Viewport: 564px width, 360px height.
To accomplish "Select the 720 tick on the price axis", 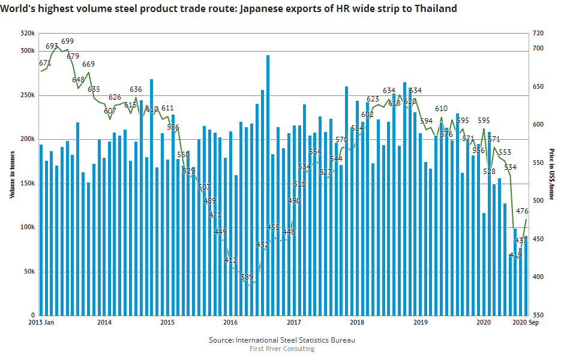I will pos(538,34).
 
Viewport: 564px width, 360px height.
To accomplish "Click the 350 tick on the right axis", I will pos(538,315).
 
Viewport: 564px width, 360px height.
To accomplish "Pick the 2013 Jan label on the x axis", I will pos(43,323).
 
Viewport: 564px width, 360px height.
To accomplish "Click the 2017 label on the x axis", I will pos(293,323).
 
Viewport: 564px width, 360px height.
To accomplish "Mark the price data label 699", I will pos(67,41).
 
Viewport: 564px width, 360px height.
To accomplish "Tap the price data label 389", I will pos(247,277).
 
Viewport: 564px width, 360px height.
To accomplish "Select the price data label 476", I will pos(522,211).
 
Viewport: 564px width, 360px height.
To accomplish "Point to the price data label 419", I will pos(515,255).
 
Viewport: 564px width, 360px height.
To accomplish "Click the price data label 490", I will pos(294,201).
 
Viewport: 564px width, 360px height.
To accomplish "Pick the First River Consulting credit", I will pos(281,349).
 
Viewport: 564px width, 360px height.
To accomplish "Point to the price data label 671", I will pos(45,63).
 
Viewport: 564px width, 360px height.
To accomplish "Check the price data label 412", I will pos(230,260).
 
